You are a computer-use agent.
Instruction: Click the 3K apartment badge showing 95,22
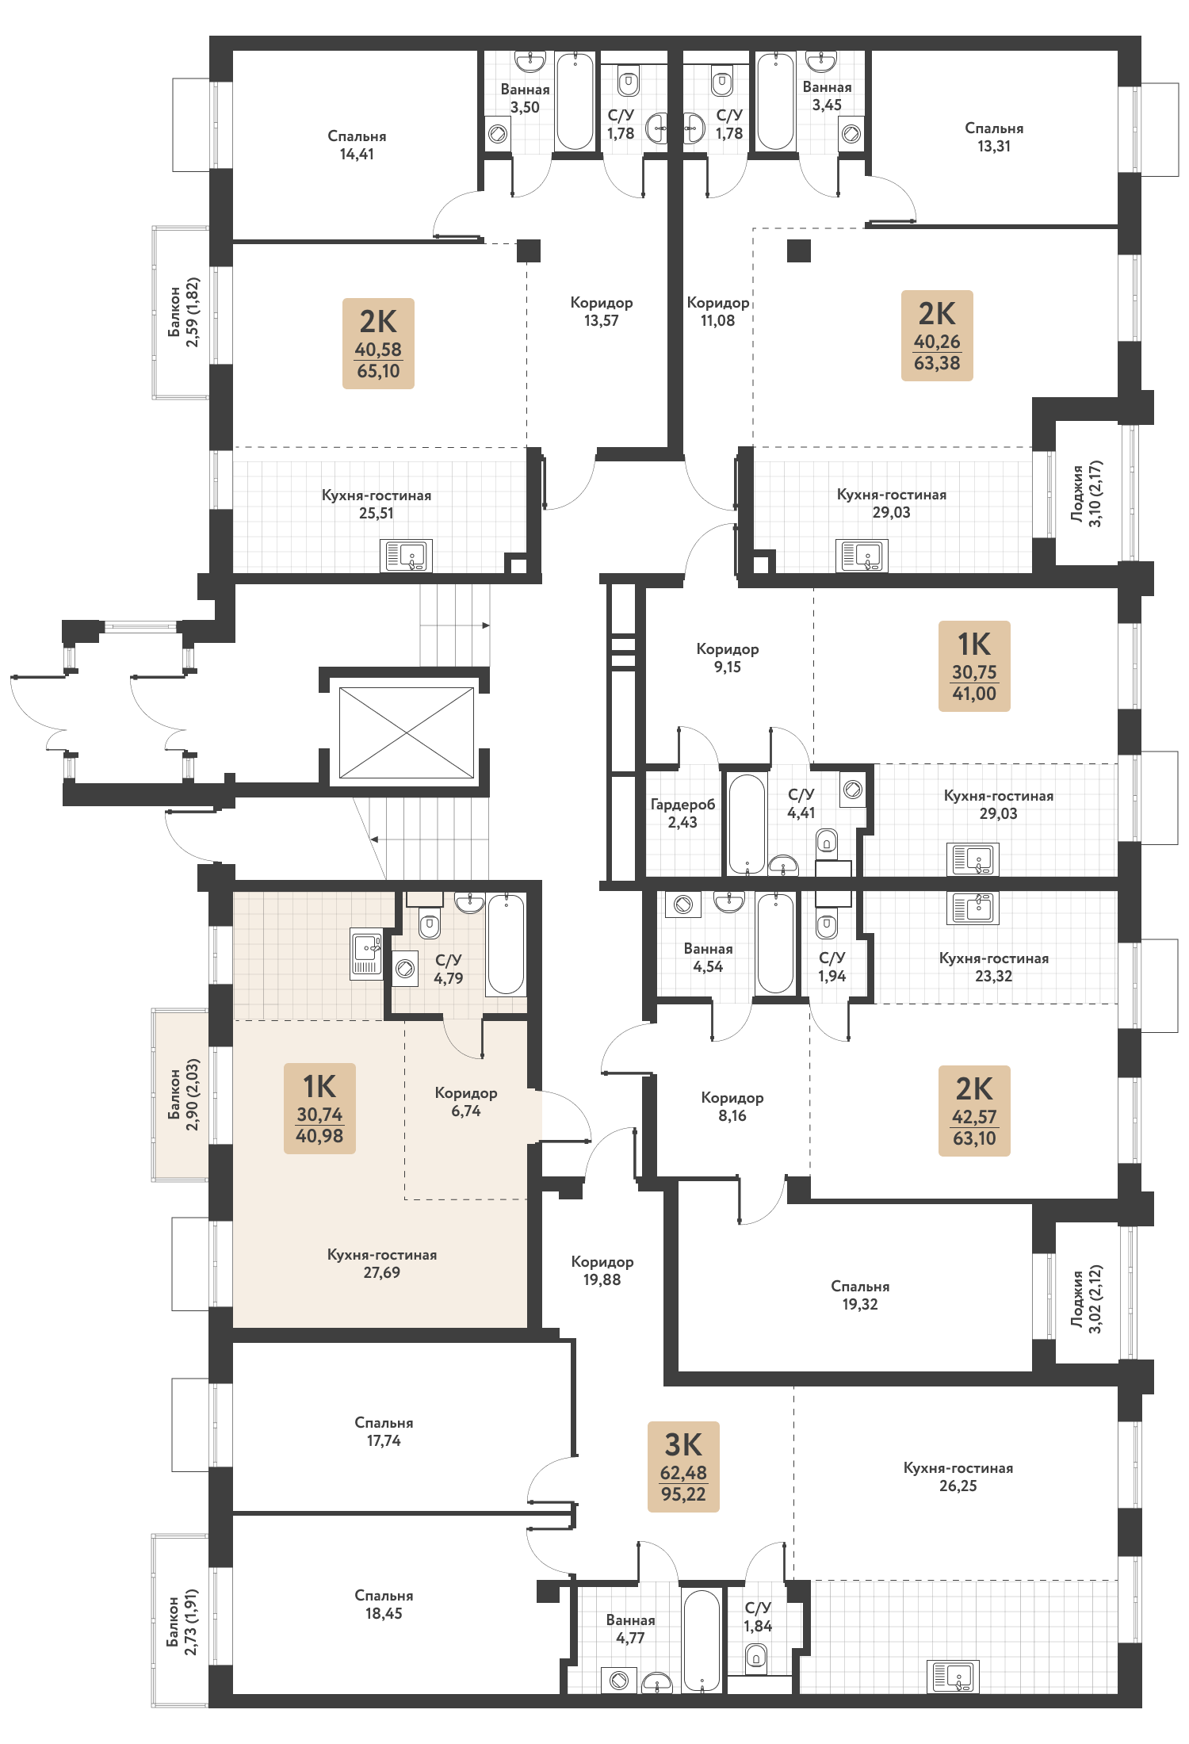683,1467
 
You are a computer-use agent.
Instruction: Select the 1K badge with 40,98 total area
319,1108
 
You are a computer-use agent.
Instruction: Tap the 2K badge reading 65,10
378,343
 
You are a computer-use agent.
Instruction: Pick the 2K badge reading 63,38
937,335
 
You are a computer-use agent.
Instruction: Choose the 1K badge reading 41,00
974,666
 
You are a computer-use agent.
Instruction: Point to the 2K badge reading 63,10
974,1111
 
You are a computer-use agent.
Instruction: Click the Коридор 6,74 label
466,1102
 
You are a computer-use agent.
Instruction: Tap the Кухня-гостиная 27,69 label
382,1264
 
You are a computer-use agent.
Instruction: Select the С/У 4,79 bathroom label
449,969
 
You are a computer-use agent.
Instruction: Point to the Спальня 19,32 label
860,1295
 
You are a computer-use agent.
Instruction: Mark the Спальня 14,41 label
357,145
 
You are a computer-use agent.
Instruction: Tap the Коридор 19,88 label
602,1270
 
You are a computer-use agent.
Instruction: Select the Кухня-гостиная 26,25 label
958,1477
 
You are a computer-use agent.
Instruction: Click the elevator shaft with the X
407,732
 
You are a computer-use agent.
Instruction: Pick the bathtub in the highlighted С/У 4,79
506,943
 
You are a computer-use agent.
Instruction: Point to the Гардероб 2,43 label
682,813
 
